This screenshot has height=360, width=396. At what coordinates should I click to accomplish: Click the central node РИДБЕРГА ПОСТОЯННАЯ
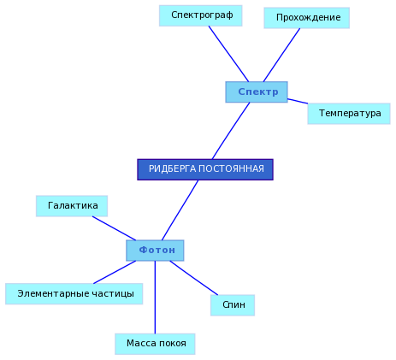click(x=205, y=169)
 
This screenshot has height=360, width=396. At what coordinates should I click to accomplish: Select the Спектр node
click(x=257, y=92)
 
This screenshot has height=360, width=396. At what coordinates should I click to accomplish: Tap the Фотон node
click(x=155, y=251)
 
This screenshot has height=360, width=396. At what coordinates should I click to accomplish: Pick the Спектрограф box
click(x=201, y=15)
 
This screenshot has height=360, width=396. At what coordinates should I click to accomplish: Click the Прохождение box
click(x=307, y=18)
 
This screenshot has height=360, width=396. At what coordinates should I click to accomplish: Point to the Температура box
click(x=349, y=114)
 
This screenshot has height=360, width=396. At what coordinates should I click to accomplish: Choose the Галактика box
click(x=72, y=206)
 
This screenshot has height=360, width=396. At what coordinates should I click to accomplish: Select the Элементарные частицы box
click(x=74, y=294)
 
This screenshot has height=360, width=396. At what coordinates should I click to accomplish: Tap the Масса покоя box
click(x=155, y=344)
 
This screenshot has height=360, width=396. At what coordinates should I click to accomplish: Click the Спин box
click(x=233, y=305)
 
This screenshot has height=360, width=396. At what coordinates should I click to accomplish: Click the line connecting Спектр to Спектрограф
click(x=228, y=54)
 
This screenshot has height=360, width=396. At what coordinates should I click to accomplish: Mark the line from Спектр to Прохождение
click(x=281, y=55)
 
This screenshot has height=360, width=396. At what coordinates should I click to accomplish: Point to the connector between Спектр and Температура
click(x=298, y=101)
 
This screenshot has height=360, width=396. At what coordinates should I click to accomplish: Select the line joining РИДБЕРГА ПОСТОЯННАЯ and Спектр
click(x=231, y=131)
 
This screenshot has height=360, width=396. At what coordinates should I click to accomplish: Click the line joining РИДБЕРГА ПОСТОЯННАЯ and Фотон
click(x=180, y=210)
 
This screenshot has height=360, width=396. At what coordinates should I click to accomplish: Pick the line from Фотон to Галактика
click(x=114, y=228)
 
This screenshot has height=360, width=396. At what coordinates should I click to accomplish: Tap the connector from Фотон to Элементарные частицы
click(x=115, y=272)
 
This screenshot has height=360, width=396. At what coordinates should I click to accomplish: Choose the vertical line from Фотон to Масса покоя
click(x=155, y=298)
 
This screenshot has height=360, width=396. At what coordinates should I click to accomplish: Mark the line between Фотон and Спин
click(x=194, y=278)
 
